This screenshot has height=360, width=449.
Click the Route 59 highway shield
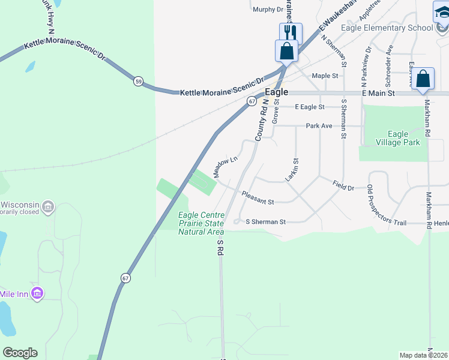click(139, 81)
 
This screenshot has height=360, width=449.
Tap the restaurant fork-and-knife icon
click(291, 32)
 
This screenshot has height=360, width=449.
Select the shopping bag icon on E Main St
click(423, 79)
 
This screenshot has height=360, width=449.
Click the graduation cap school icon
click(441, 11)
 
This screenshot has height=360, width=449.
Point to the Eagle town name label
click(277, 93)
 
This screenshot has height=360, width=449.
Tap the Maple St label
click(325, 76)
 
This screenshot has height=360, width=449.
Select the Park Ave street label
click(319, 126)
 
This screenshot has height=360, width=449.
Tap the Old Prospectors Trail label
click(387, 206)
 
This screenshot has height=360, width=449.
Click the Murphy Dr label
click(268, 10)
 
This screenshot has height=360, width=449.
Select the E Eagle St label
click(310, 107)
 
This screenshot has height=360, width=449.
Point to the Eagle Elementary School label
click(387, 28)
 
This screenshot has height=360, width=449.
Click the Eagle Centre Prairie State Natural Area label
click(201, 223)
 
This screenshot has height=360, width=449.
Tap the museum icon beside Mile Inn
click(37, 293)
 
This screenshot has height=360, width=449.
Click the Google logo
click(20, 353)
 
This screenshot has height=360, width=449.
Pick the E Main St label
click(378, 94)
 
